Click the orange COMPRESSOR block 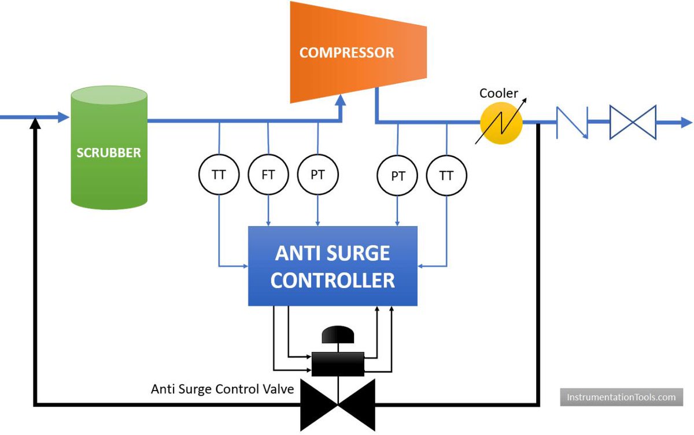(x=358, y=52)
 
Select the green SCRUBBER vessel (x=109, y=148)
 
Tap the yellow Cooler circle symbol (x=501, y=123)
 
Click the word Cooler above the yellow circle (x=499, y=93)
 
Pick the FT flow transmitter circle (x=268, y=175)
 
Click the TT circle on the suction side (x=219, y=175)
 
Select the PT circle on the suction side (x=318, y=175)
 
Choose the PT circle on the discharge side (x=397, y=175)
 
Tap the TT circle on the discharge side (x=446, y=175)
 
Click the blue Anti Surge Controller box (x=333, y=266)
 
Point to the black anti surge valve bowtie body (x=338, y=405)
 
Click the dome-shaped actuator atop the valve (x=338, y=334)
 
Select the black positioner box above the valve (x=338, y=364)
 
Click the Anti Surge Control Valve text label (x=223, y=389)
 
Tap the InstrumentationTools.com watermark (x=622, y=397)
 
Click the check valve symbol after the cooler (x=572, y=123)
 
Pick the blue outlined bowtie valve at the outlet (x=633, y=122)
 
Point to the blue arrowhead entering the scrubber (x=64, y=117)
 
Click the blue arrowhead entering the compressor (x=341, y=101)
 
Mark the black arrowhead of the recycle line (x=36, y=123)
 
